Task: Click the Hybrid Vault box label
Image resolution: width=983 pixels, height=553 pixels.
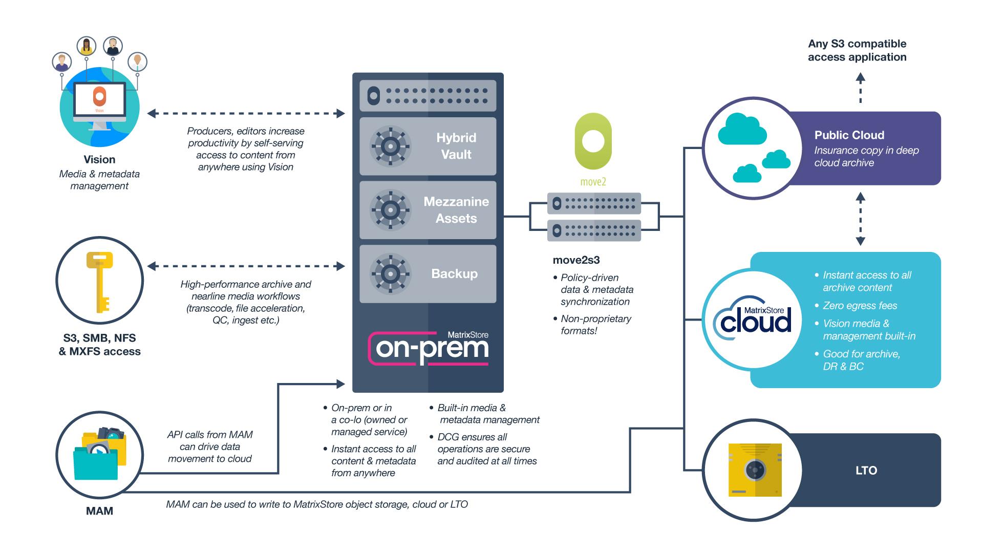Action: click(456, 146)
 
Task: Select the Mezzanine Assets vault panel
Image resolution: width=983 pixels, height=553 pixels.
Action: click(428, 210)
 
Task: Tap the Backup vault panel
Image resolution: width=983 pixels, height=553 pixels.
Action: click(428, 274)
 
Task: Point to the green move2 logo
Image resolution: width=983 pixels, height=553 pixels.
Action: click(593, 142)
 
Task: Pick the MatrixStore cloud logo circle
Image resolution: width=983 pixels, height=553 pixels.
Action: click(752, 320)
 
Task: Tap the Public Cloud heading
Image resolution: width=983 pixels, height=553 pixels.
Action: click(849, 135)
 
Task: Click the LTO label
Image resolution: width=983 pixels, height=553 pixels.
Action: click(866, 471)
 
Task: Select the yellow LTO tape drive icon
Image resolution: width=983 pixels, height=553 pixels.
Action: click(755, 470)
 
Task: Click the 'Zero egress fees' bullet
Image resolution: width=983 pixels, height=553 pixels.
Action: click(860, 306)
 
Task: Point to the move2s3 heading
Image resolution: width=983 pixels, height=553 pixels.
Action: click(576, 260)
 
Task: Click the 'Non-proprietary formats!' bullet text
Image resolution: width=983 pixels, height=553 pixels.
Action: click(596, 325)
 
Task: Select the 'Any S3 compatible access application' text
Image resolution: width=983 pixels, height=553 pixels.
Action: click(857, 50)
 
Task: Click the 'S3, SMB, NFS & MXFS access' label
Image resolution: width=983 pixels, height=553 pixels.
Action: click(99, 345)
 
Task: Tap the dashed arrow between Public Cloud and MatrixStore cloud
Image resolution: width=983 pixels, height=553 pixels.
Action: click(861, 219)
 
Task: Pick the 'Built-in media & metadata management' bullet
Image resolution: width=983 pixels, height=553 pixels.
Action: click(488, 414)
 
